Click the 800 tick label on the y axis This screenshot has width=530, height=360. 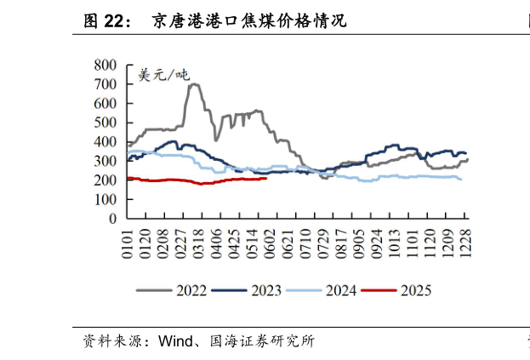[x=106, y=65]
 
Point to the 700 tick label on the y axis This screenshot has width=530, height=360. [x=106, y=84]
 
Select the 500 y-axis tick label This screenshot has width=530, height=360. [x=106, y=123]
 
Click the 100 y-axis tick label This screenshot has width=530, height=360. [x=106, y=199]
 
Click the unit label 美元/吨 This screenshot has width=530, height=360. [x=164, y=76]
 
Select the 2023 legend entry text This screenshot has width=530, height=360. [x=267, y=291]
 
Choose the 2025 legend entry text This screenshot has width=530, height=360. [x=416, y=291]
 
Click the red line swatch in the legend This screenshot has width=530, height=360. [x=379, y=291]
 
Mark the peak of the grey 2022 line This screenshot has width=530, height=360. [x=194, y=83]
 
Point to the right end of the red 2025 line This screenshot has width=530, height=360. [x=266, y=179]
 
